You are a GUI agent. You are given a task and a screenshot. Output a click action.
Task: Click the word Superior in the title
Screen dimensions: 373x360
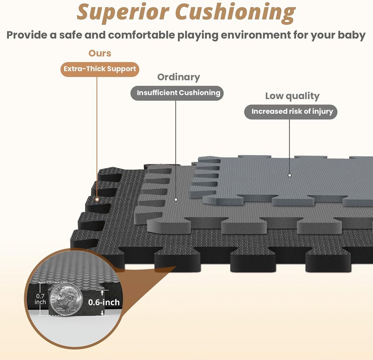[123, 12]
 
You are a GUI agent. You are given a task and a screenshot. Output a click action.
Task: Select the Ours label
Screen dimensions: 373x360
[100, 53]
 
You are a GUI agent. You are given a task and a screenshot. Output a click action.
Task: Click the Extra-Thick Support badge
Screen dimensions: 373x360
[100, 69]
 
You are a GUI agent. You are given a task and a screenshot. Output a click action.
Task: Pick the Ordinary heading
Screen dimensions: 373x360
[179, 77]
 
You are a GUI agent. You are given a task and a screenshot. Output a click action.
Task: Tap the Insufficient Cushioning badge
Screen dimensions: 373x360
[177, 93]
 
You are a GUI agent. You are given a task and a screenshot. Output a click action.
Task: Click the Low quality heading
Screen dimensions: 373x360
[292, 96]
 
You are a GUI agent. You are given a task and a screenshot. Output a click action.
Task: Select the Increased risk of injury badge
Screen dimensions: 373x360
[291, 112]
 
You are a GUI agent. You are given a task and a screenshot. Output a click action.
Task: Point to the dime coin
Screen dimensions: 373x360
[66, 299]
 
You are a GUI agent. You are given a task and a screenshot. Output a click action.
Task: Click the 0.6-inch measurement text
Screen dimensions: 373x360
[104, 302]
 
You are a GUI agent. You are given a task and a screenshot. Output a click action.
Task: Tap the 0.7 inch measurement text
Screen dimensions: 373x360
[40, 299]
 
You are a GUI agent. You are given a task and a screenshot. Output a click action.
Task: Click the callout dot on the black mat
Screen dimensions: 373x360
[97, 199]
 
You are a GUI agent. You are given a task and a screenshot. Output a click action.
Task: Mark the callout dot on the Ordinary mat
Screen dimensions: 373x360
[176, 199]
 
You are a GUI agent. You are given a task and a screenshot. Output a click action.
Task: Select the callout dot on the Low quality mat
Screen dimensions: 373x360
[290, 176]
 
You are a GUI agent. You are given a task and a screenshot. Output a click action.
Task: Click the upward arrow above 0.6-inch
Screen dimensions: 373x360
[102, 293]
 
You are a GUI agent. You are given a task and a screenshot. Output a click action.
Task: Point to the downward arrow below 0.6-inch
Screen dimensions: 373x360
[102, 312]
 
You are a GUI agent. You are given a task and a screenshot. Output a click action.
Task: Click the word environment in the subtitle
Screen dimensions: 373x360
[256, 35]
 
